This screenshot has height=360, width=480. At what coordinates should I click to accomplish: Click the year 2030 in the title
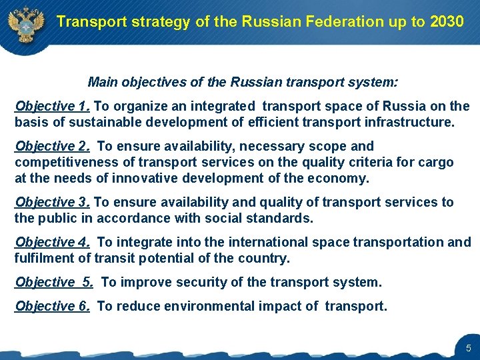click(x=447, y=21)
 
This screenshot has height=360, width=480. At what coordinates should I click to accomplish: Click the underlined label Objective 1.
click(x=53, y=106)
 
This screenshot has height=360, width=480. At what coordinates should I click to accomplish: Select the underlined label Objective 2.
click(x=53, y=146)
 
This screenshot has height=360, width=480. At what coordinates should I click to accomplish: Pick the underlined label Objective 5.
click(x=54, y=282)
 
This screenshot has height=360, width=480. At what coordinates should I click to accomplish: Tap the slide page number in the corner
click(x=468, y=347)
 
